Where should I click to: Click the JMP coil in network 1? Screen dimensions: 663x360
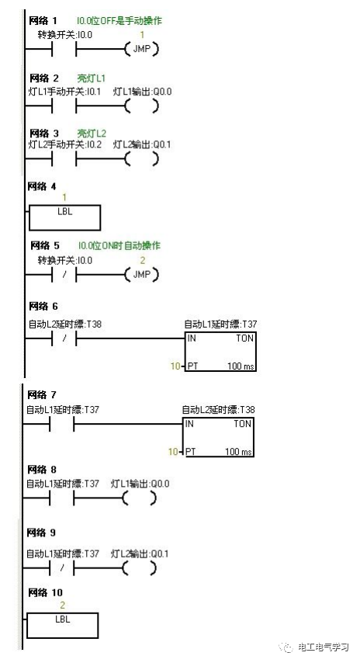[x=140, y=50]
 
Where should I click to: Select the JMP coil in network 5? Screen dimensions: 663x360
[x=140, y=275]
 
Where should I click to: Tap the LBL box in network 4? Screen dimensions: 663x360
[x=64, y=217]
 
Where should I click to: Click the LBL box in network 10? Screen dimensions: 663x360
[x=62, y=625]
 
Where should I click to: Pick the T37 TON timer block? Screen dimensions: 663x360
[x=220, y=351]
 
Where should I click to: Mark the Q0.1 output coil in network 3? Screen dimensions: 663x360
[x=140, y=159]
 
